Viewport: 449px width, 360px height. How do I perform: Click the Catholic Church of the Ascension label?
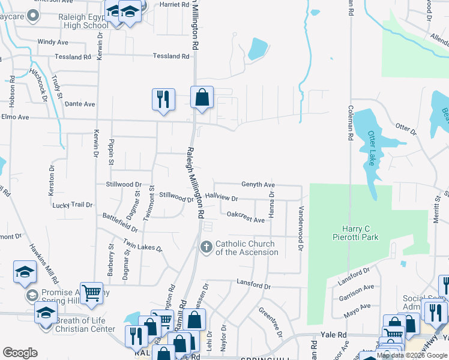pyautogui.click(x=246, y=248)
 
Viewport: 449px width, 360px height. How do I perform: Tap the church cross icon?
pyautogui.click(x=206, y=247)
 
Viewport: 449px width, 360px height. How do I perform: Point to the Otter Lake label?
pyautogui.click(x=372, y=149)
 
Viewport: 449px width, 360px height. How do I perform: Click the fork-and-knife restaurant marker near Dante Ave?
pyautogui.click(x=163, y=100)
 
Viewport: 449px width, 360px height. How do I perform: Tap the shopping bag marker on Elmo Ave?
pyautogui.click(x=202, y=98)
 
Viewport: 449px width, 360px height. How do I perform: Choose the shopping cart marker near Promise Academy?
pyautogui.click(x=91, y=293)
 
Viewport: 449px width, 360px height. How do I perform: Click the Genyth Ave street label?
pyautogui.click(x=258, y=184)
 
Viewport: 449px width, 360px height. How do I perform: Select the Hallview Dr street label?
pyautogui.click(x=221, y=197)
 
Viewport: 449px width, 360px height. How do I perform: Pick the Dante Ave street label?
pyautogui.click(x=80, y=104)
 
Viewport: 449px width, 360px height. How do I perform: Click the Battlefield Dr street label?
pyautogui.click(x=120, y=222)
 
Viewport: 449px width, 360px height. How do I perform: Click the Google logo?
pyautogui.click(x=20, y=353)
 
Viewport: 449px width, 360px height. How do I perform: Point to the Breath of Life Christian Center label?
pyautogui.click(x=85, y=325)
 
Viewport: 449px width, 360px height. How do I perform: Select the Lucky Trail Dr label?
pyautogui.click(x=73, y=205)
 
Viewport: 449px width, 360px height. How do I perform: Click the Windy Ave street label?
pyautogui.click(x=53, y=42)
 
